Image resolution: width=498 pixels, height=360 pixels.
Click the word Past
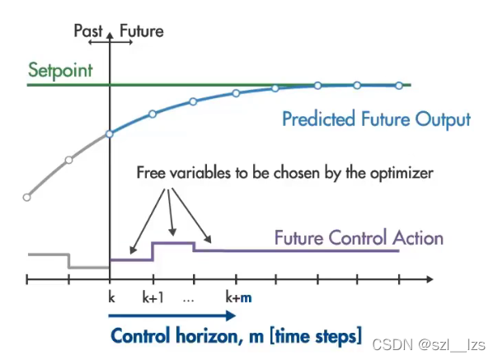tap(88, 31)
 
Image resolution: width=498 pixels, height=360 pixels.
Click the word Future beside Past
tap(142, 31)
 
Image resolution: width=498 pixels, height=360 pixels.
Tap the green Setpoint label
tap(60, 70)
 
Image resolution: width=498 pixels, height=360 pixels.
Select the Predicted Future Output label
tap(376, 119)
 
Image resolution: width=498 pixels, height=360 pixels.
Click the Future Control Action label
tap(359, 238)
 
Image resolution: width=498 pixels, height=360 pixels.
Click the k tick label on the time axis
tap(111, 297)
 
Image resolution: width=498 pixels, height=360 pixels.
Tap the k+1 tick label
tap(153, 297)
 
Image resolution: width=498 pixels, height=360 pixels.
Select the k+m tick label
tap(238, 297)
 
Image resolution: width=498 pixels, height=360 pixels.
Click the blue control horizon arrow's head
tap(231, 316)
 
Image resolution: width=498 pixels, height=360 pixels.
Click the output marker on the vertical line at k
tap(110, 134)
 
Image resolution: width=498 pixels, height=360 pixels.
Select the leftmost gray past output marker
tap(27, 198)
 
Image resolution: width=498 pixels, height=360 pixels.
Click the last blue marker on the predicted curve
tap(399, 86)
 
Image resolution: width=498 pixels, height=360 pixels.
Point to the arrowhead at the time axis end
tap(430, 279)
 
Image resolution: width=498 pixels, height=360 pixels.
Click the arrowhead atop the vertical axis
tap(110, 35)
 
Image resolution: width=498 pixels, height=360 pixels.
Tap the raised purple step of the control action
tap(173, 243)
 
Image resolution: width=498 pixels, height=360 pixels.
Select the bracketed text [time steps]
tap(316, 336)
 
